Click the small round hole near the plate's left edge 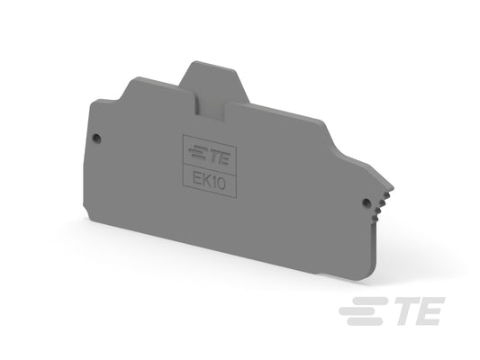click(x=96, y=138)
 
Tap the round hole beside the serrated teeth click(x=366, y=202)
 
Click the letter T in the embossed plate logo click(x=215, y=157)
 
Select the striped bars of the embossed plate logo click(x=199, y=153)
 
